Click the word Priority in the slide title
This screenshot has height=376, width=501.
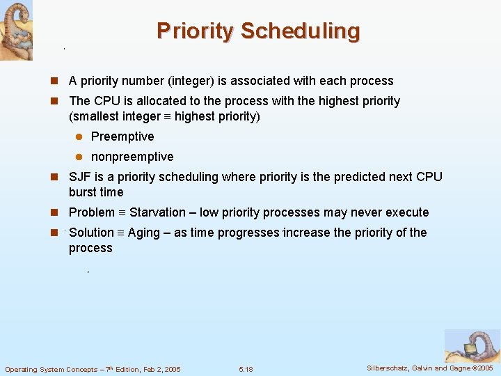(x=196, y=31)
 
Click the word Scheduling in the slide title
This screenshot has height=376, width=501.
(x=301, y=31)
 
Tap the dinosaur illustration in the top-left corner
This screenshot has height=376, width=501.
(x=16, y=30)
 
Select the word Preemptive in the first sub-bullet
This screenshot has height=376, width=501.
(x=122, y=136)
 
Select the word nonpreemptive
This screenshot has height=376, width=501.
(x=132, y=157)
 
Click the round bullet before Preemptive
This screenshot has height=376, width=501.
(x=79, y=136)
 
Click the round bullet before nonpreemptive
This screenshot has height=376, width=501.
(x=79, y=157)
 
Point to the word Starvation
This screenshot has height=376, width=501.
(x=157, y=212)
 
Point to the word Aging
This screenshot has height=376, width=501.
(x=143, y=233)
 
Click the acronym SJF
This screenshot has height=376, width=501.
(x=81, y=177)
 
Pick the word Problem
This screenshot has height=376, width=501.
(x=92, y=212)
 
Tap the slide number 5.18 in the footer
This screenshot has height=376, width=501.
(x=246, y=369)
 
